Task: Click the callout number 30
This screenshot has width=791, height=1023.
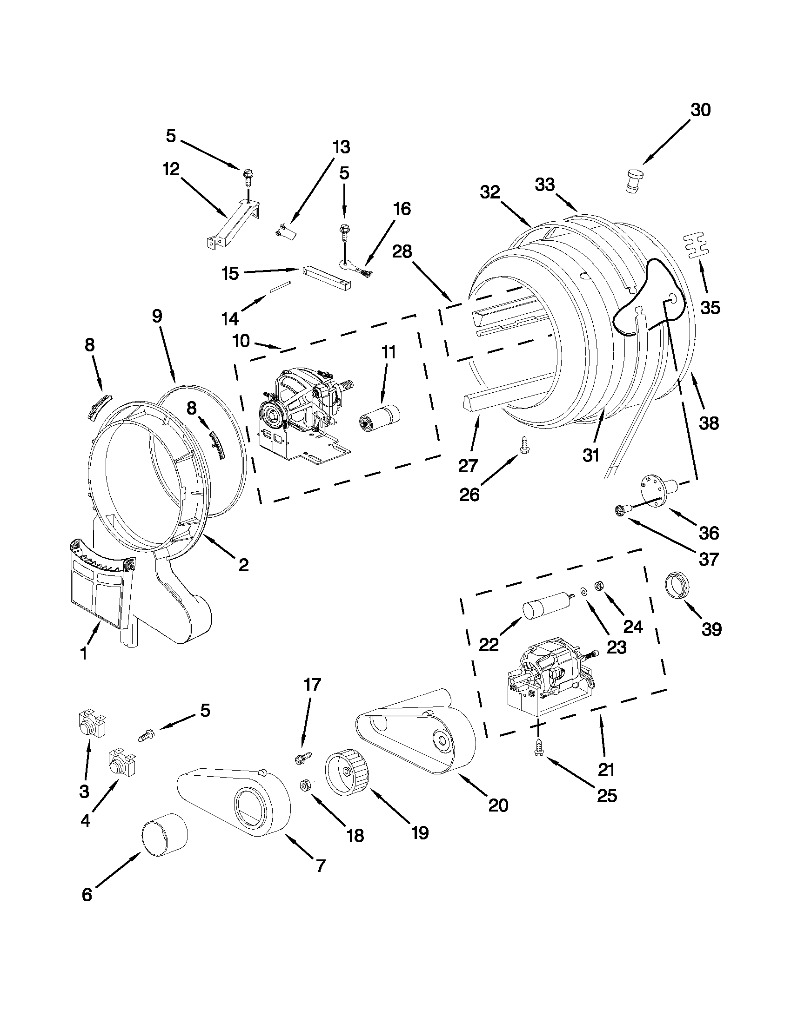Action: pos(701,110)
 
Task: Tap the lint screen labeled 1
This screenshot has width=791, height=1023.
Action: pos(100,586)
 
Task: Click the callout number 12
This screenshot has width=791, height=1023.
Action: pos(171,169)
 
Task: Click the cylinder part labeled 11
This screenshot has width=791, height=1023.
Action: pos(381,415)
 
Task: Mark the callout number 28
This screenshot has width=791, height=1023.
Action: pos(402,251)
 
